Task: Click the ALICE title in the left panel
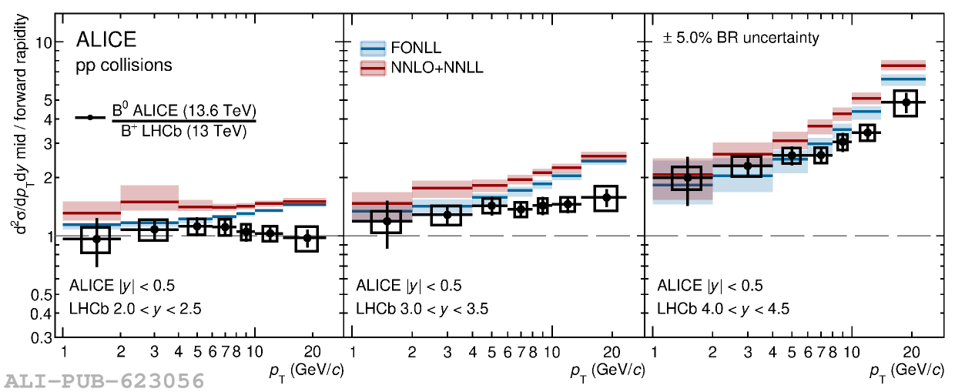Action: [106, 40]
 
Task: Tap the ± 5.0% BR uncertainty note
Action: [731, 38]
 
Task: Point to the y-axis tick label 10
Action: [44, 42]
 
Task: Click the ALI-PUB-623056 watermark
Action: [105, 380]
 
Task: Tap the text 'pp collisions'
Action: [124, 65]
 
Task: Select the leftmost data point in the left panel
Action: [96, 239]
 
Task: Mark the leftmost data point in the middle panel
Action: [387, 222]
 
